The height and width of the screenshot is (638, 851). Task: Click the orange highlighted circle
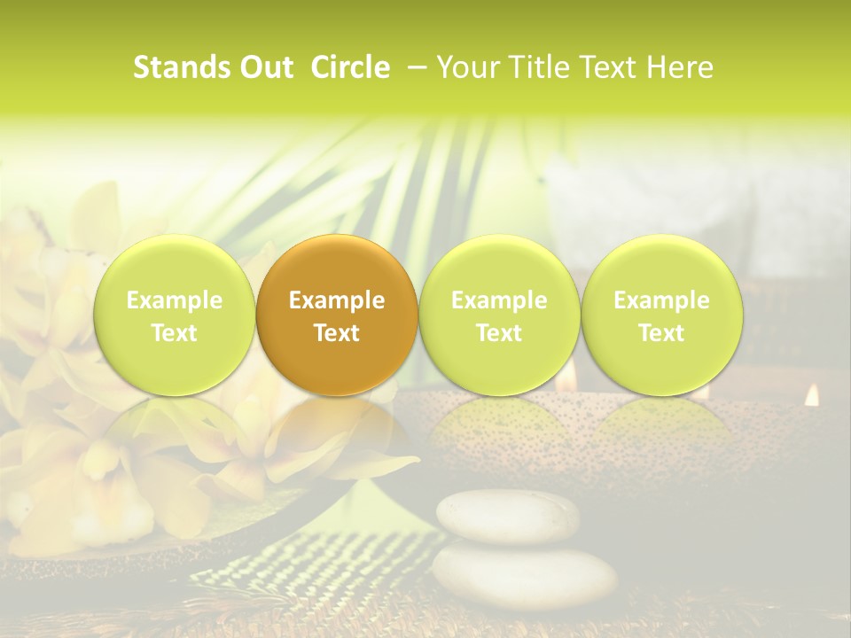337,315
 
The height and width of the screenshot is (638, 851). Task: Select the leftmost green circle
175,315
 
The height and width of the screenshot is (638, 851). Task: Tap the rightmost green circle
661,315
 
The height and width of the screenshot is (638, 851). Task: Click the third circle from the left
499,315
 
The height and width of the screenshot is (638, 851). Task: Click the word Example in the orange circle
337,300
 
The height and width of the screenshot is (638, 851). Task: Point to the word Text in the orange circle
337,333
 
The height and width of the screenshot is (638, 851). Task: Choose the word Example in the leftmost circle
175,300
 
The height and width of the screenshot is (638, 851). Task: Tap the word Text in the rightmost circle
661,333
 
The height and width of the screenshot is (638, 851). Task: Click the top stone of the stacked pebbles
508,517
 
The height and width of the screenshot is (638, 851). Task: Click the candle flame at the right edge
811,395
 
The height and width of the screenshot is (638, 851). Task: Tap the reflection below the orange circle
337,425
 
